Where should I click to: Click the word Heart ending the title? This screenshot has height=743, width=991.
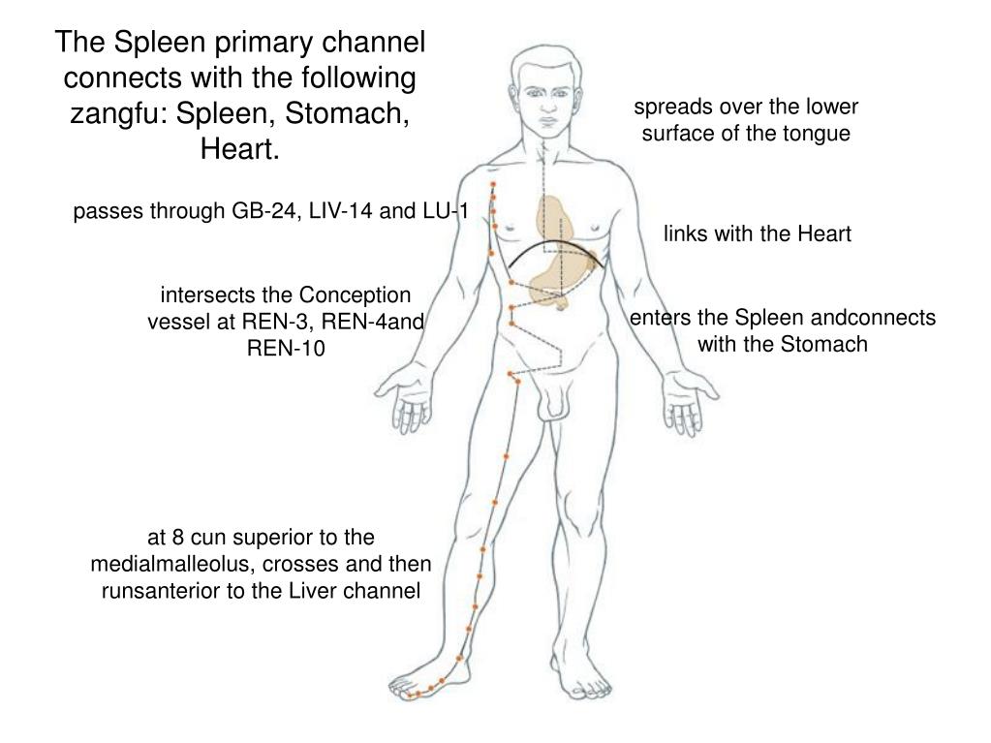pyautogui.click(x=238, y=149)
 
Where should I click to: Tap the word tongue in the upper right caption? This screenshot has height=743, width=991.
pyautogui.click(x=819, y=133)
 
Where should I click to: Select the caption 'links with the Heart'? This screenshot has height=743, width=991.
pyautogui.click(x=757, y=233)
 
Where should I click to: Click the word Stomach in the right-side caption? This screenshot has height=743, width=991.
pyautogui.click(x=824, y=343)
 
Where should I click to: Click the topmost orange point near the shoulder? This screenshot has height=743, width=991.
pyautogui.click(x=493, y=183)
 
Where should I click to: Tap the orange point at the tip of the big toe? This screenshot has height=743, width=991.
pyautogui.click(x=410, y=696)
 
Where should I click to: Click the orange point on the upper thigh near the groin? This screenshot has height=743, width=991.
pyautogui.click(x=510, y=374)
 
